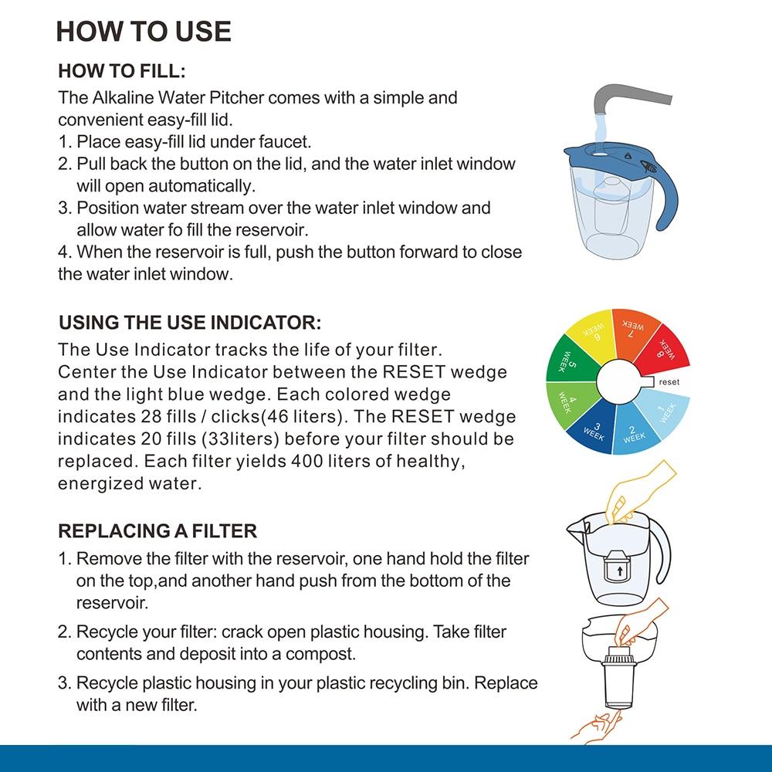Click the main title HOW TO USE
coord(144,31)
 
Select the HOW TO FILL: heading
coord(122,72)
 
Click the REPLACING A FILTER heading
coord(157,531)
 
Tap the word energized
coord(97,483)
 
